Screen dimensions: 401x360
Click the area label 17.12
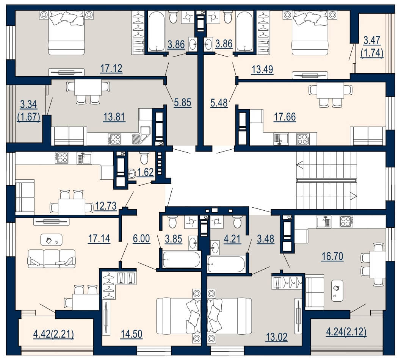pos(111,69)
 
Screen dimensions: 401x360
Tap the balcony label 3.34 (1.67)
pos(29,111)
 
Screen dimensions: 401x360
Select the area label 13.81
pos(114,117)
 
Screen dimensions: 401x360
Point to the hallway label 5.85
pos(183,103)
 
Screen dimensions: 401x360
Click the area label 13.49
pos(262,70)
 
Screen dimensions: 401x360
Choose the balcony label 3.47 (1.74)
pos(372,47)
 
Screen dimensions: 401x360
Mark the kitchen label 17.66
pos(285,117)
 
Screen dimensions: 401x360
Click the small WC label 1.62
pos(145,172)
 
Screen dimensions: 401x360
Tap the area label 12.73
pos(106,206)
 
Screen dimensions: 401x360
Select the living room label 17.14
pos(99,239)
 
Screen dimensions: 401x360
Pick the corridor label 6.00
pos(141,239)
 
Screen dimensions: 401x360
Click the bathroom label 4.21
pos(232,239)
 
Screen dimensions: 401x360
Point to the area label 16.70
pos(332,256)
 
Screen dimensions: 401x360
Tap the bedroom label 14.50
pos(132,334)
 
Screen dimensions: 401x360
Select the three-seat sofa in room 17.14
pos(52,258)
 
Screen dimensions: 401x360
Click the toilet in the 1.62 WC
pos(144,158)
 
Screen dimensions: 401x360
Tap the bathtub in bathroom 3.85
pos(181,259)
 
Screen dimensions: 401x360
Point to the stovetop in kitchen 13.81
pos(114,139)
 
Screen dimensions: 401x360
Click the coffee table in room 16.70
pos(337,290)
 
